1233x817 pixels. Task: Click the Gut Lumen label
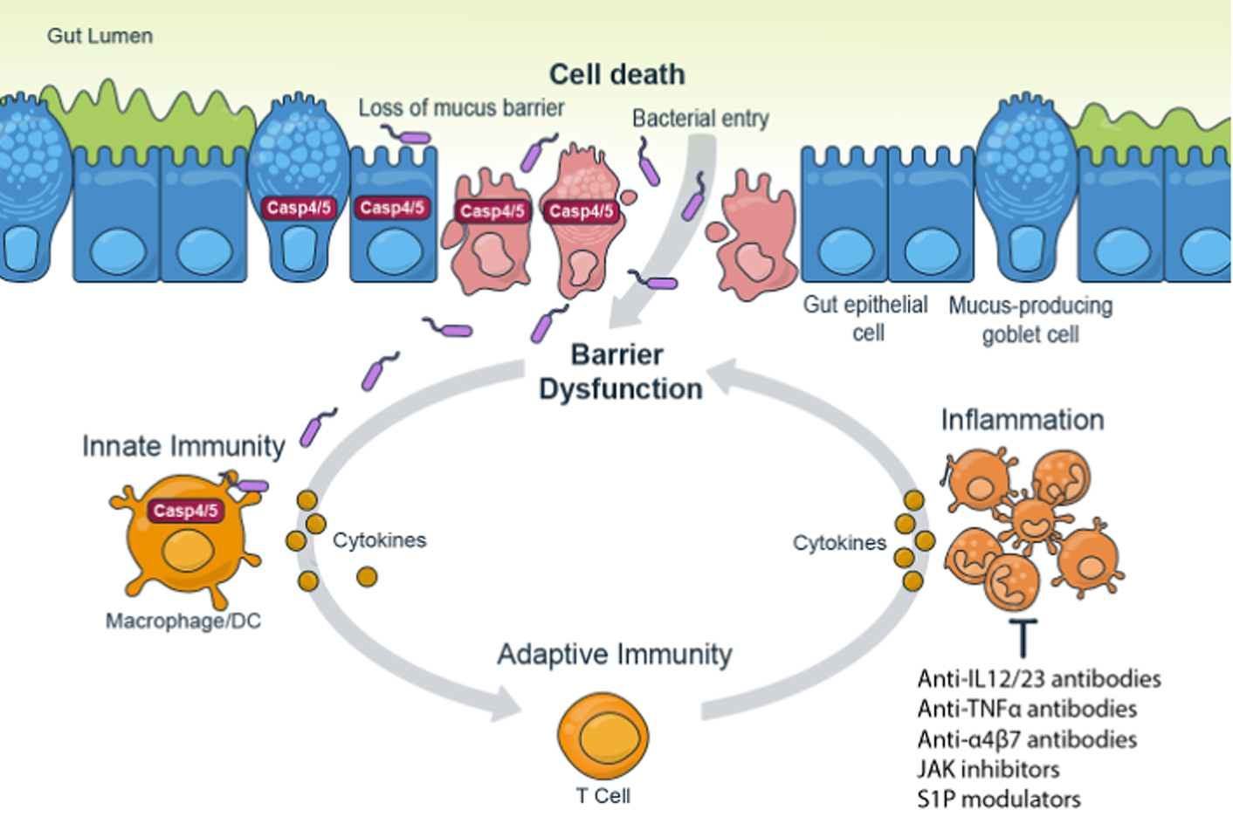tap(100, 36)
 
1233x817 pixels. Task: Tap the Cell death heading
tap(616, 74)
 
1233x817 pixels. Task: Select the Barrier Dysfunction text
tap(620, 372)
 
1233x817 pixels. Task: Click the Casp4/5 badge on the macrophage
tap(185, 511)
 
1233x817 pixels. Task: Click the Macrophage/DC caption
tap(183, 621)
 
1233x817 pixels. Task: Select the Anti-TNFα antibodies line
tap(1027, 709)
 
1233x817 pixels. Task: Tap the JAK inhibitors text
tap(988, 769)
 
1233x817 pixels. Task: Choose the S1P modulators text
tap(998, 799)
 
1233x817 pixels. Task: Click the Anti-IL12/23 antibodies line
tap(1039, 679)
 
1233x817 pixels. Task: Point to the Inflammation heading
tap(1022, 420)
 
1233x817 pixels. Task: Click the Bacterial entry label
tap(700, 118)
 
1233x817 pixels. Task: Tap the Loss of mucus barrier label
tap(461, 108)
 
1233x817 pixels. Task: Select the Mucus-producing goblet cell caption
tap(1030, 319)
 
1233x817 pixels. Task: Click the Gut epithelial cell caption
tap(865, 318)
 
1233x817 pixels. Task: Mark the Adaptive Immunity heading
tap(615, 654)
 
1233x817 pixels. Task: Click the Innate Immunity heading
tap(183, 446)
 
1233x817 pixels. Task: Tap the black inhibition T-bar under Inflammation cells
tap(1023, 638)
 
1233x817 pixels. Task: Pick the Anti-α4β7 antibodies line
tap(1027, 739)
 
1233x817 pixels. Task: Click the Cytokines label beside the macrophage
tap(379, 540)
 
